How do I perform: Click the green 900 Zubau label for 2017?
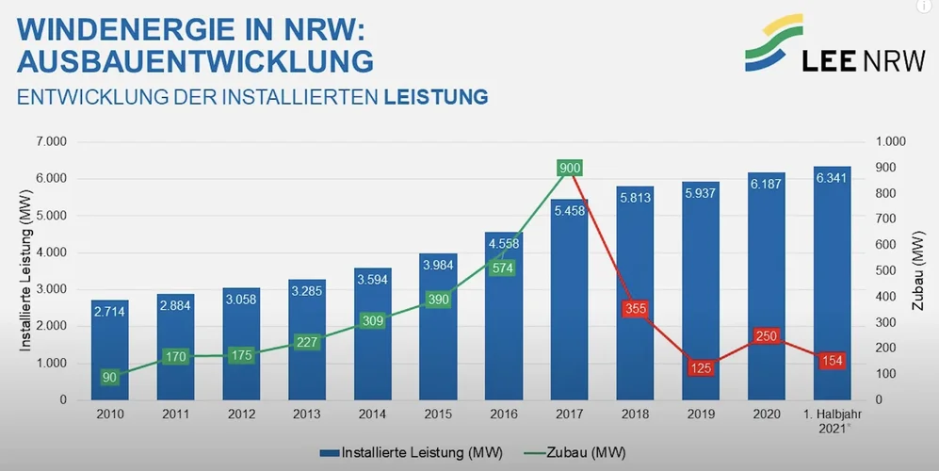570,169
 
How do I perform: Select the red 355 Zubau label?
636,309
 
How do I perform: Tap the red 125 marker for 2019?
701,368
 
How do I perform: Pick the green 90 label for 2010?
109,378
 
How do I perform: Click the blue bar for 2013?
306,349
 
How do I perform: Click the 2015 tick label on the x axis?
437,414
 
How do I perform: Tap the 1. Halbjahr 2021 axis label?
832,420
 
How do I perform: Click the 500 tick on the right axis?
891,271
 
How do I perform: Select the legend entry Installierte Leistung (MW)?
396,452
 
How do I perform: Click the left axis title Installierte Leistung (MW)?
27,271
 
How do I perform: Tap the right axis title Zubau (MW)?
918,271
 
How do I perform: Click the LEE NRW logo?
807,45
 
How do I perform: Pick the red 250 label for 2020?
767,336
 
